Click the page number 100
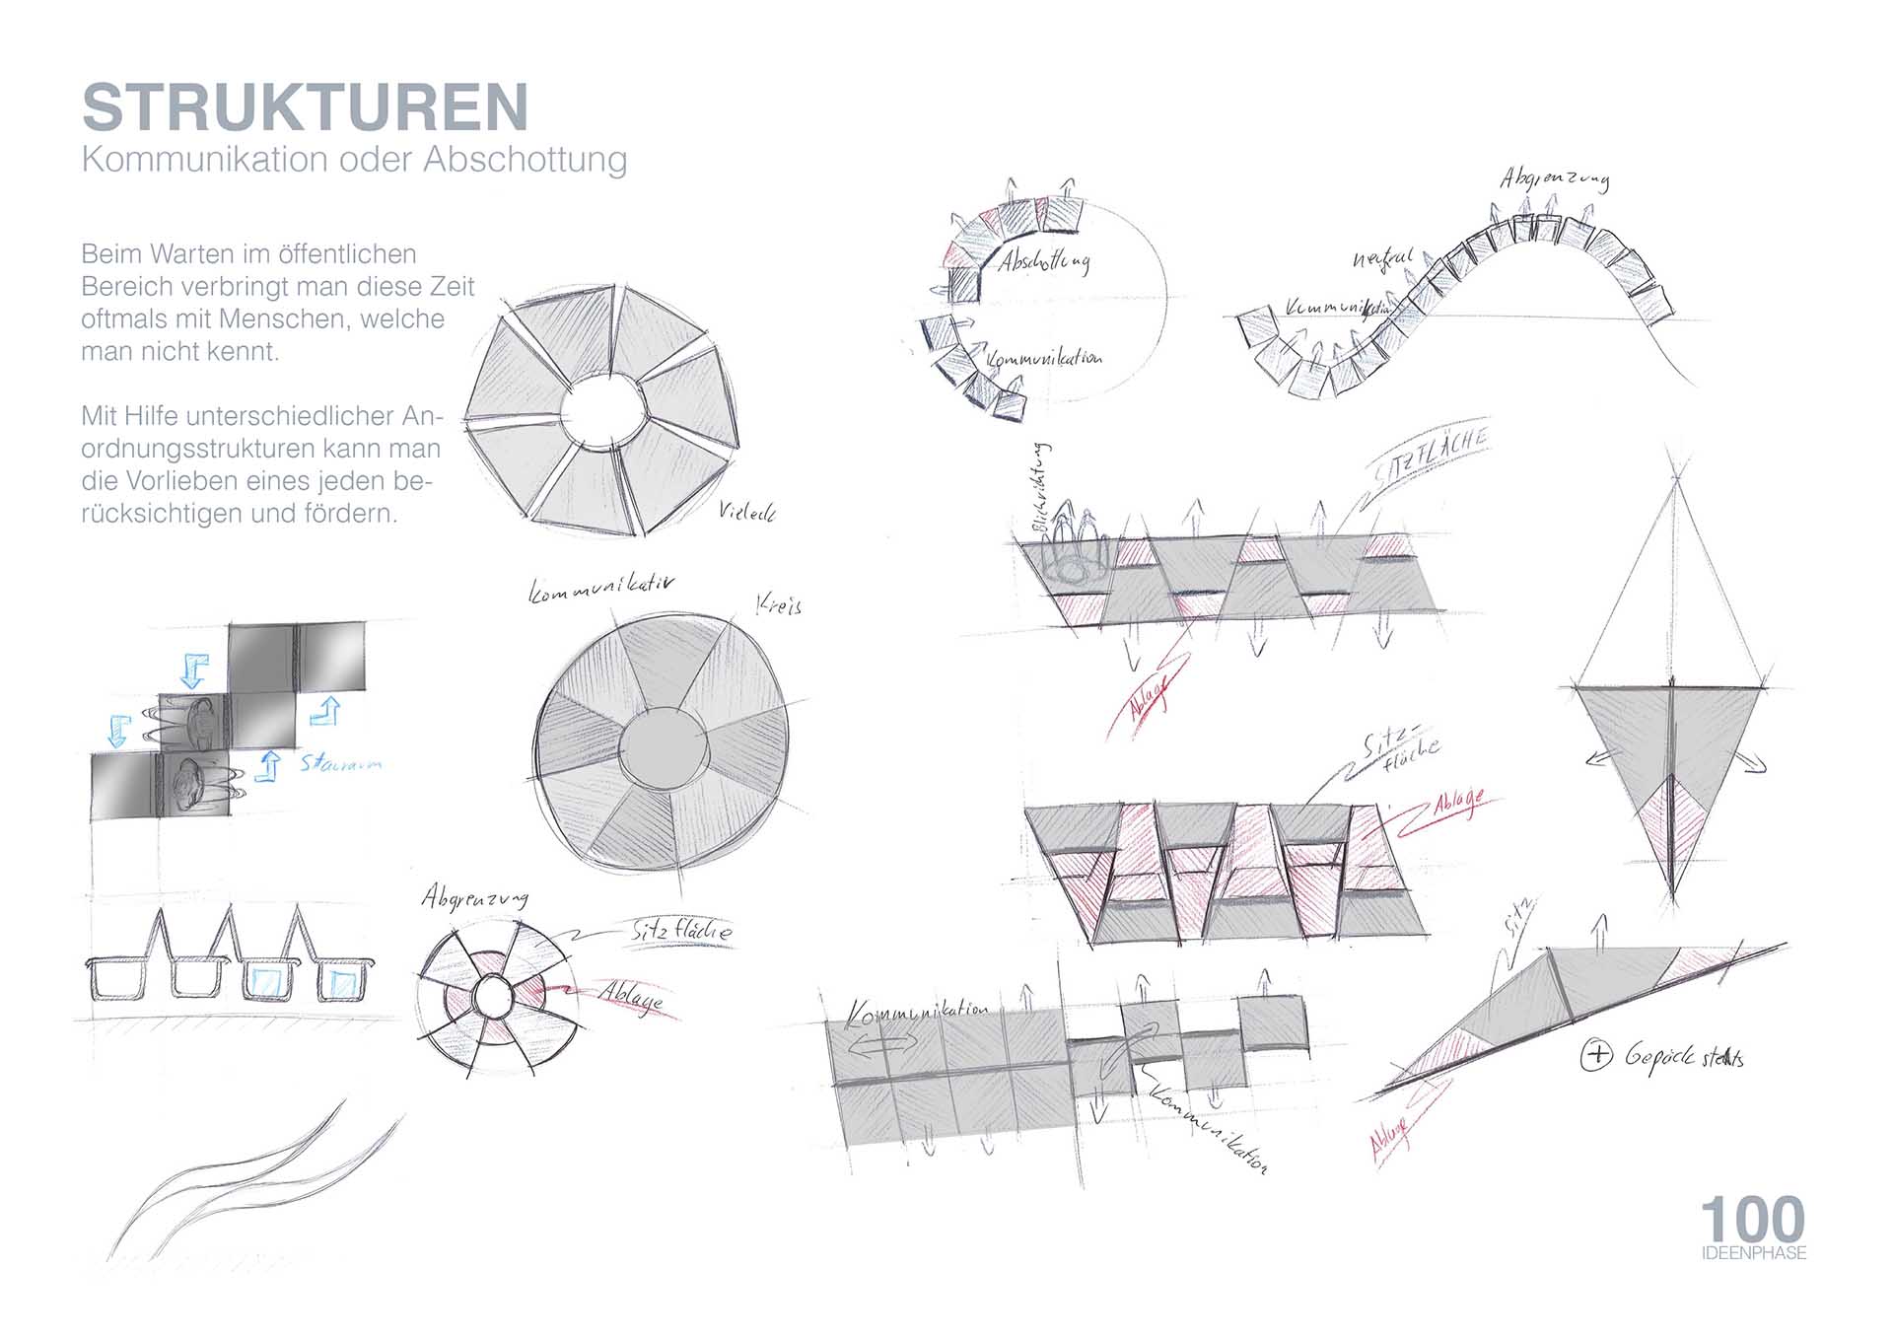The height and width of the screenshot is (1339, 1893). (1752, 1220)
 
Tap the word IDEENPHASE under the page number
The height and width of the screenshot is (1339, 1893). (1753, 1253)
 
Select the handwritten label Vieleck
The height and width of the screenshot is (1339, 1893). (746, 511)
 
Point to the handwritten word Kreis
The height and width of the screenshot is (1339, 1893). (779, 603)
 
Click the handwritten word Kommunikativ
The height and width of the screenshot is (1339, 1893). (602, 588)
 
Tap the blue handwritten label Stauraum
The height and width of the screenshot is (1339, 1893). (341, 762)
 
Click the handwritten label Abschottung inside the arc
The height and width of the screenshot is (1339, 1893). (1044, 261)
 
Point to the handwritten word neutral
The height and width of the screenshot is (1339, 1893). (1382, 258)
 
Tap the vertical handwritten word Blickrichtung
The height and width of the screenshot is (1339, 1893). (1041, 488)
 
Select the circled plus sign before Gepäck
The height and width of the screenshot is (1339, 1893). (1595, 1056)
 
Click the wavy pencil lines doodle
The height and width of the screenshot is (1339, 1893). (256, 1183)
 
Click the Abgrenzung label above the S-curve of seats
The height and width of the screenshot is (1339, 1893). (1555, 178)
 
